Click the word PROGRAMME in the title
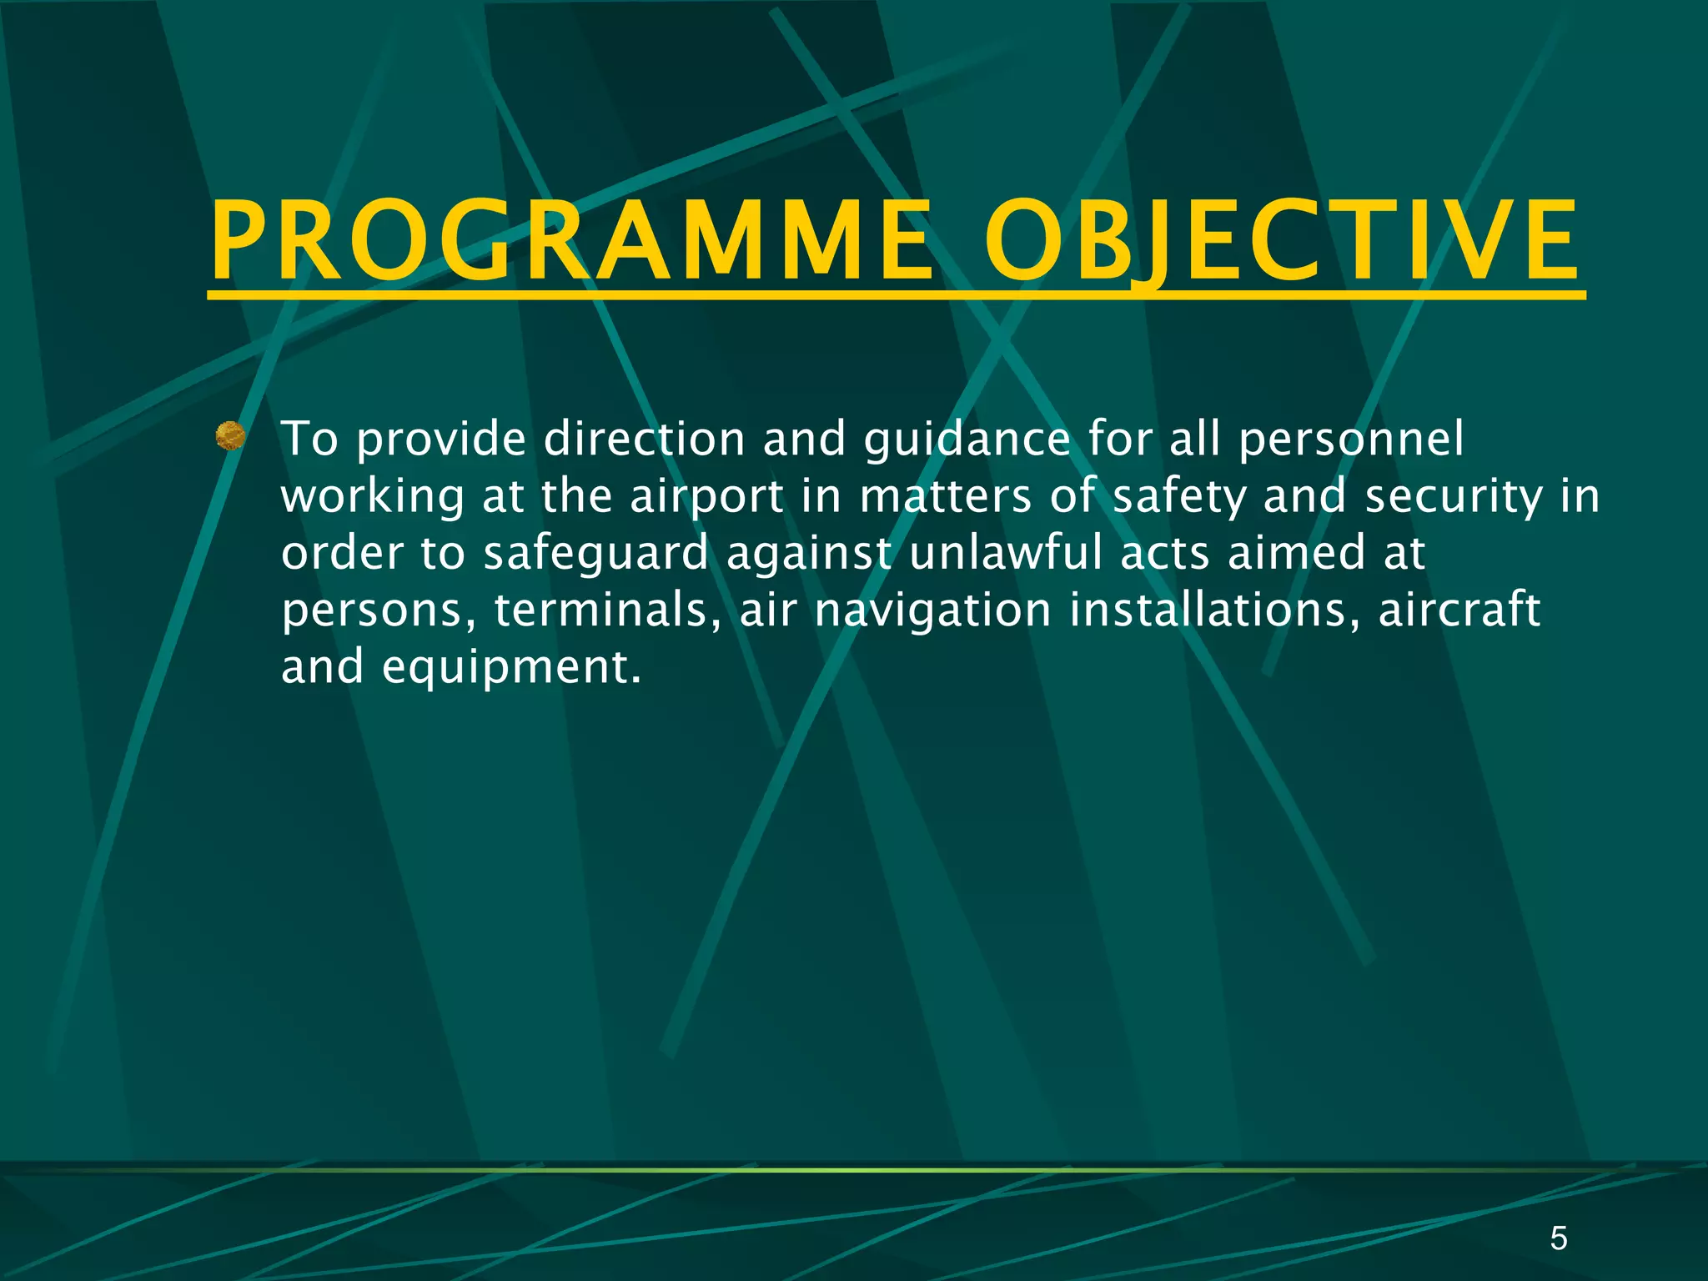(x=572, y=242)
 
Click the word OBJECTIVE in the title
(x=1282, y=242)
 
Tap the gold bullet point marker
(x=230, y=436)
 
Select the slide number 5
(x=1558, y=1238)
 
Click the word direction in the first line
(x=644, y=440)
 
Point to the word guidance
(x=967, y=440)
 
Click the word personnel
(x=1350, y=440)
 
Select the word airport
(x=706, y=497)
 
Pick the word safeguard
(x=595, y=554)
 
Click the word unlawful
(x=1006, y=554)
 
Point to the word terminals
(x=607, y=610)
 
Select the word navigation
(x=932, y=610)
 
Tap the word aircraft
(x=1459, y=610)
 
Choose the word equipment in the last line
(x=511, y=667)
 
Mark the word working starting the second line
(x=373, y=497)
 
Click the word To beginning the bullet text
(x=309, y=440)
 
